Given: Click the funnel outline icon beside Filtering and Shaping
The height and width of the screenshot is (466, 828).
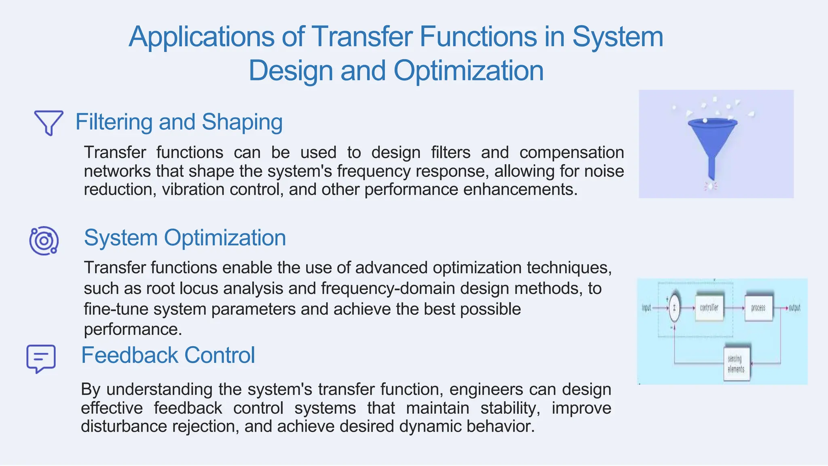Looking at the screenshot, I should pyautogui.click(x=49, y=122).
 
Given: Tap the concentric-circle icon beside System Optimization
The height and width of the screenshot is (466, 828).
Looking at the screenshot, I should pyautogui.click(x=44, y=241).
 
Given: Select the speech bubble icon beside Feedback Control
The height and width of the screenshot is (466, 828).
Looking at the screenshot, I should pyautogui.click(x=41, y=358).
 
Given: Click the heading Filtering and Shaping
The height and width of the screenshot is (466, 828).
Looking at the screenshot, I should pyautogui.click(x=179, y=122).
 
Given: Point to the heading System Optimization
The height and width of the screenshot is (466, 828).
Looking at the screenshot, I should pyautogui.click(x=185, y=237).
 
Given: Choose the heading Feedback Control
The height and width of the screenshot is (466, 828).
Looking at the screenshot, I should pyautogui.click(x=168, y=355).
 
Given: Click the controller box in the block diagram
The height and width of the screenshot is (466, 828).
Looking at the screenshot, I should pyautogui.click(x=709, y=308).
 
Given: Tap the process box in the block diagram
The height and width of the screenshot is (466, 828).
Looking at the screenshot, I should pyautogui.click(x=758, y=308).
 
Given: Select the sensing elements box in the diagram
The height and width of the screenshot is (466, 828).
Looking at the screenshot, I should pyautogui.click(x=736, y=364).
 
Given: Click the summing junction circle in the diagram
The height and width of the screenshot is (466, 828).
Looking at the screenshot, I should pyautogui.click(x=674, y=308).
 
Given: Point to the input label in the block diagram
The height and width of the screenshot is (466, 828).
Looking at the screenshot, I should pyautogui.click(x=646, y=308).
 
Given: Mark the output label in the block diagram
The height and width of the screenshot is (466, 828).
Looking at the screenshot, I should pyautogui.click(x=794, y=308).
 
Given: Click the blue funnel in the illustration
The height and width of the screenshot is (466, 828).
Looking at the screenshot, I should pyautogui.click(x=712, y=138).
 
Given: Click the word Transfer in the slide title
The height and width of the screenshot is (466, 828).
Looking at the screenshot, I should pyautogui.click(x=362, y=36).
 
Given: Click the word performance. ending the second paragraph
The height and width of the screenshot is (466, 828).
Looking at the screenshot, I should pyautogui.click(x=133, y=329).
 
